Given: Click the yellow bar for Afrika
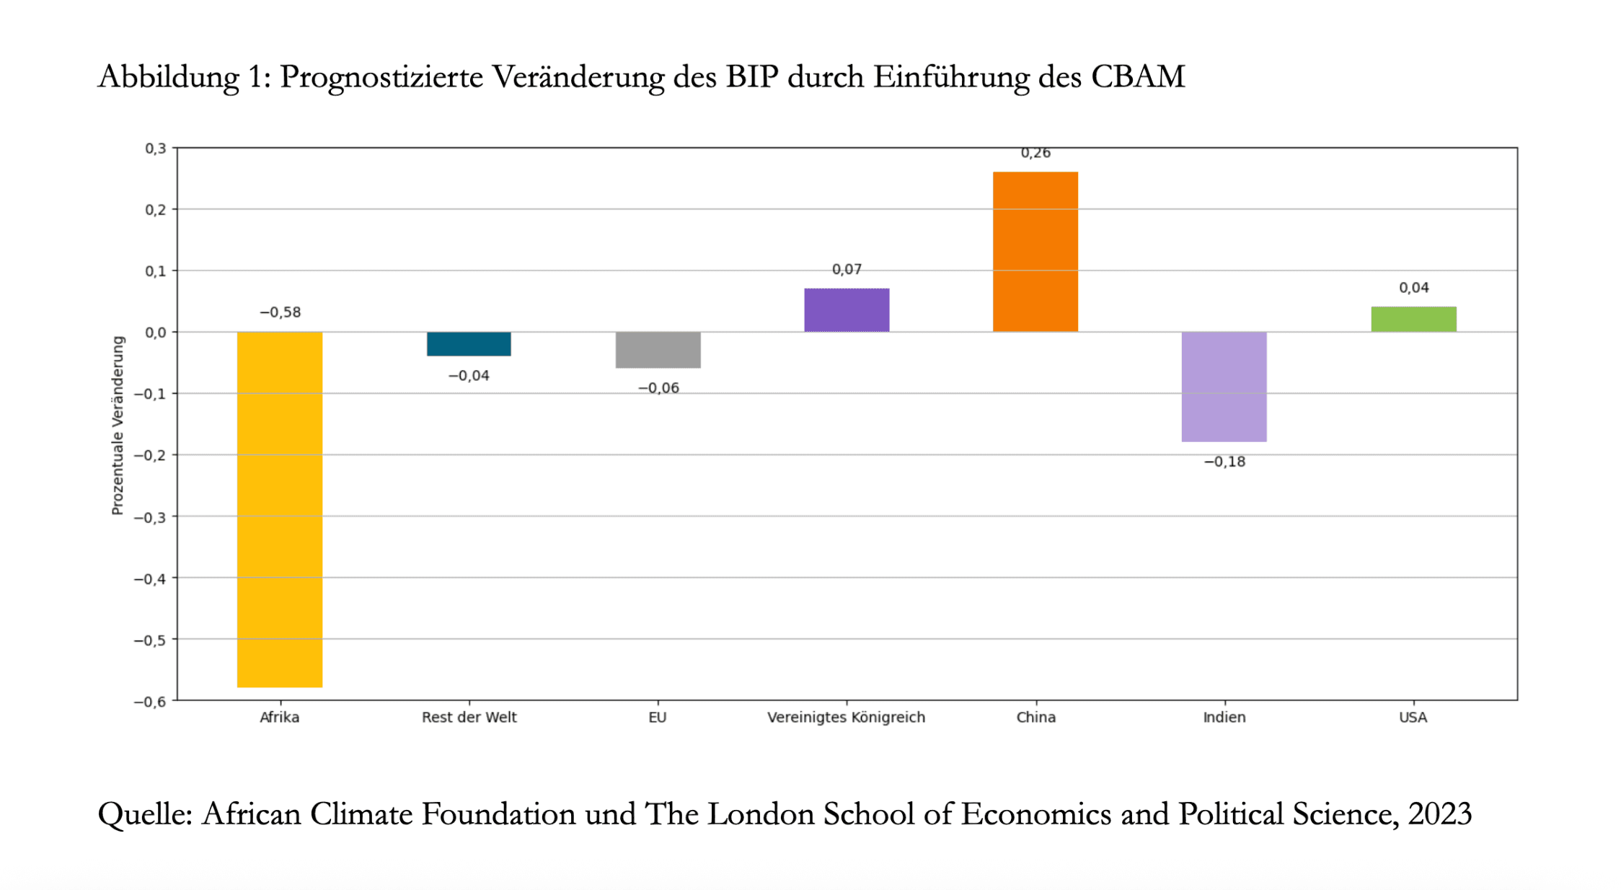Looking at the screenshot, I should (x=280, y=509).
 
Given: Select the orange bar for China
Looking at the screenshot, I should (x=1035, y=252).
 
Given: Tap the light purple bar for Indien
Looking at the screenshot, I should (x=1224, y=387).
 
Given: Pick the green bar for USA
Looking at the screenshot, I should (x=1413, y=319).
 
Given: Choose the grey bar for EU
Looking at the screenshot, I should (x=658, y=350).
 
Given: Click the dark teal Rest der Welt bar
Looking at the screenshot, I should (x=469, y=344).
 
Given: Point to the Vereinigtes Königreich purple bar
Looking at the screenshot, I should (x=847, y=310).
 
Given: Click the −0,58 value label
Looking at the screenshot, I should (x=280, y=312).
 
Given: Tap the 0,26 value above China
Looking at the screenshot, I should (x=1035, y=153).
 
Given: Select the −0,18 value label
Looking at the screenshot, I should (x=1224, y=462).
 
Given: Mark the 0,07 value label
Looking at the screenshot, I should (x=847, y=269).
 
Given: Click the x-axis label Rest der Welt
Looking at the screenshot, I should (x=469, y=717).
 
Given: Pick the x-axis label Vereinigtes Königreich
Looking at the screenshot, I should (x=846, y=717).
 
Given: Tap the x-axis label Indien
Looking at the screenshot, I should (x=1224, y=717).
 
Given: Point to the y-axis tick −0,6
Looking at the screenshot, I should (x=150, y=702).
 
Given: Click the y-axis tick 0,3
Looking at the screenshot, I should (x=155, y=149).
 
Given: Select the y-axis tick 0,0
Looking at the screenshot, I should (x=155, y=332).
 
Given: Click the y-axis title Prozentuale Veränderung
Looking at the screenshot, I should (x=118, y=426).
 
